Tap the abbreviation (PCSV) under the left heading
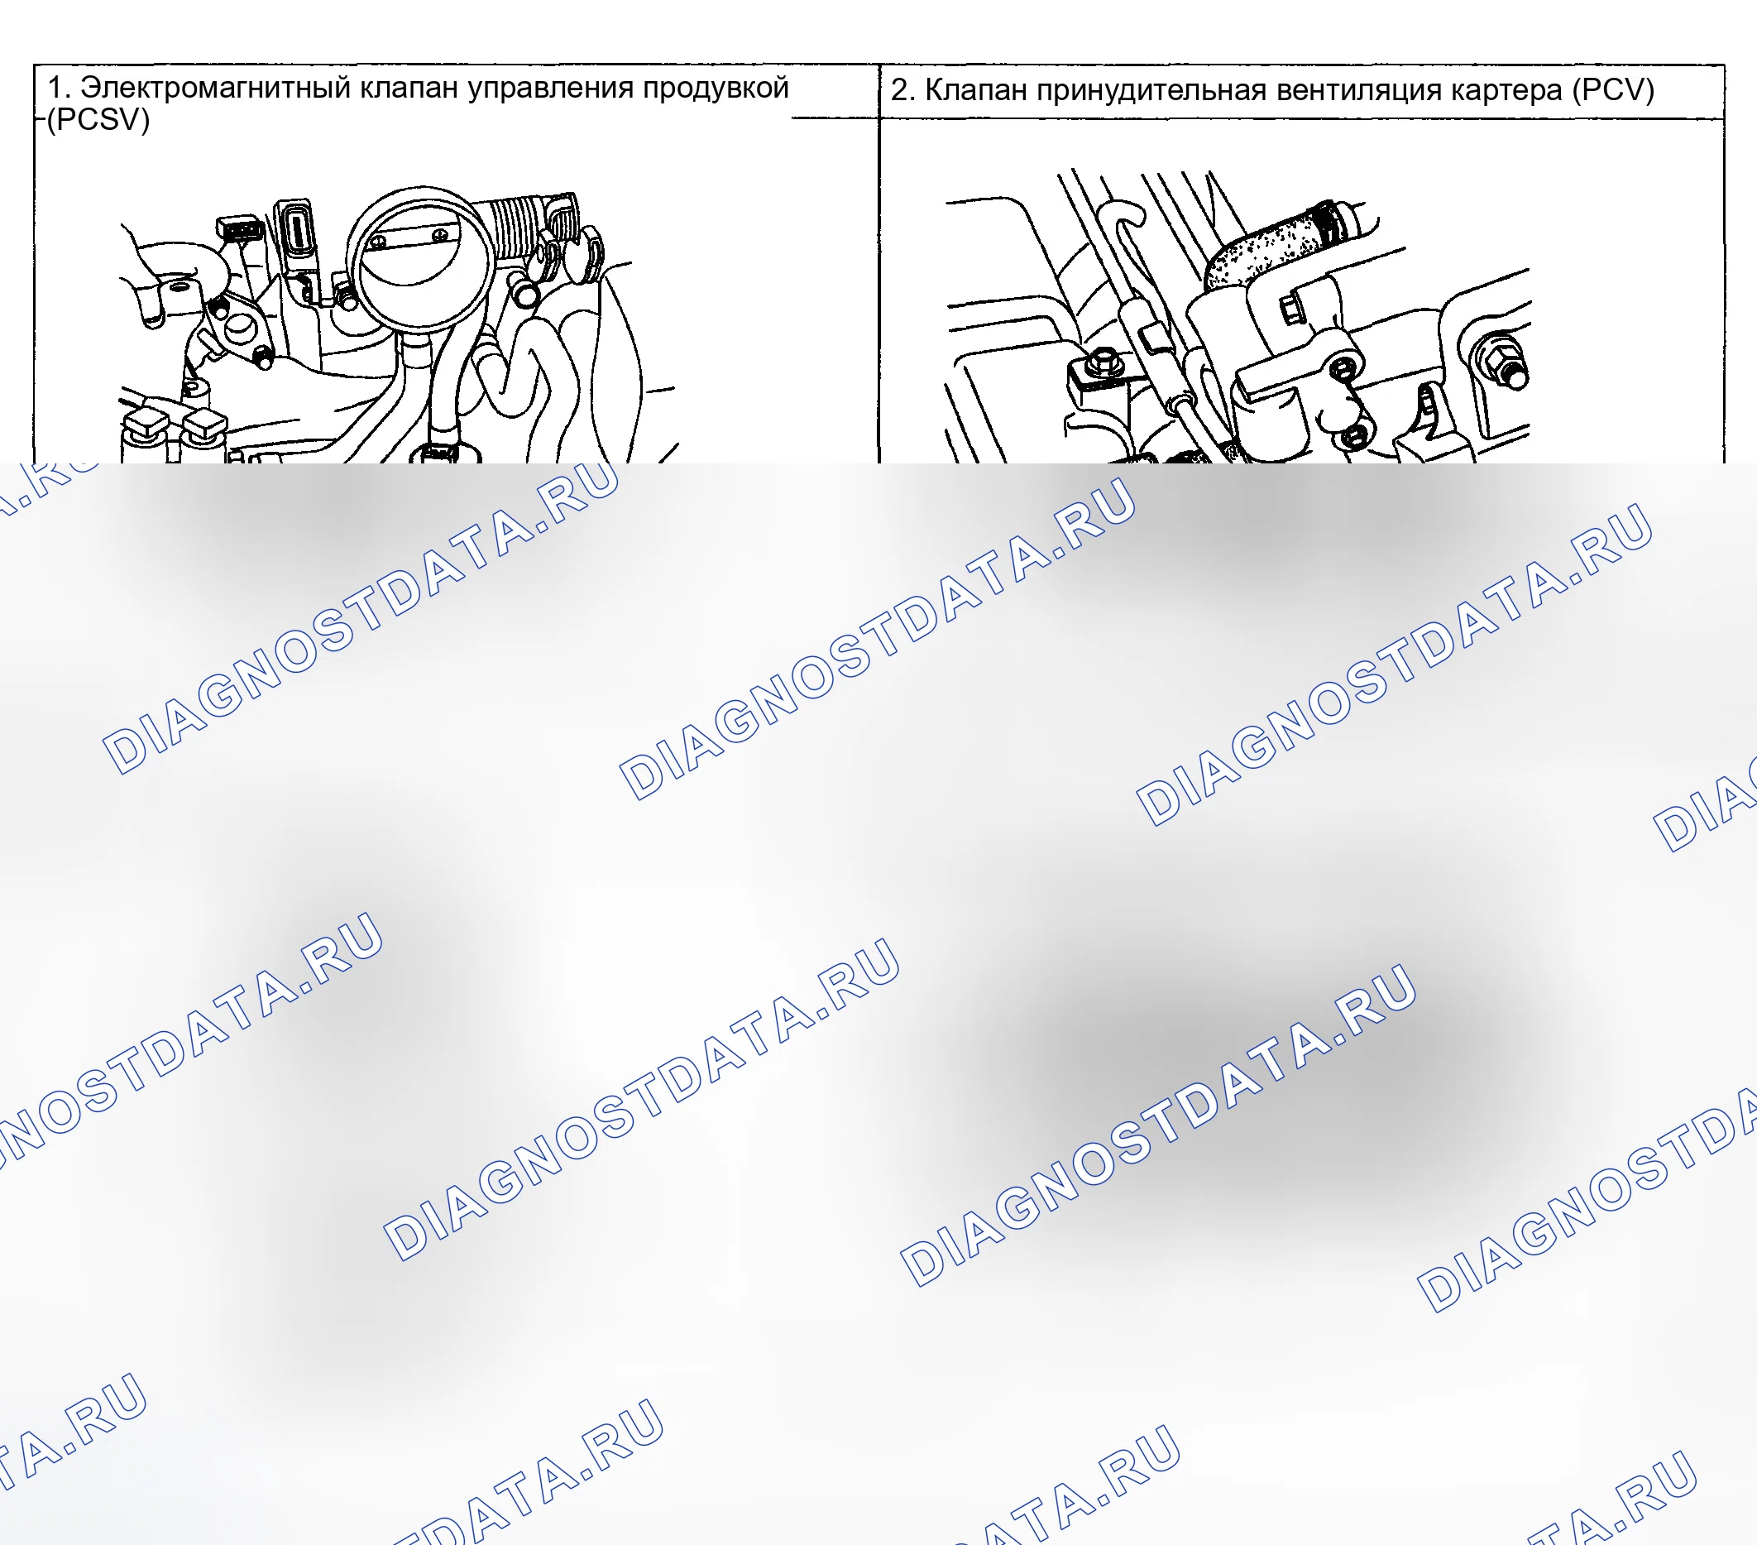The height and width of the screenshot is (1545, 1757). [x=98, y=119]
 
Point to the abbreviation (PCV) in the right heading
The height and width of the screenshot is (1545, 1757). [x=1612, y=89]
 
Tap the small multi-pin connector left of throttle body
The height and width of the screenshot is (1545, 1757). [x=240, y=228]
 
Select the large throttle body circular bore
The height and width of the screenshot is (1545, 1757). [x=420, y=259]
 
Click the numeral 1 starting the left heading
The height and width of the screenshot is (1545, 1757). [x=54, y=89]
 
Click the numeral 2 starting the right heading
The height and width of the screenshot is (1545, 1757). [x=899, y=90]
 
